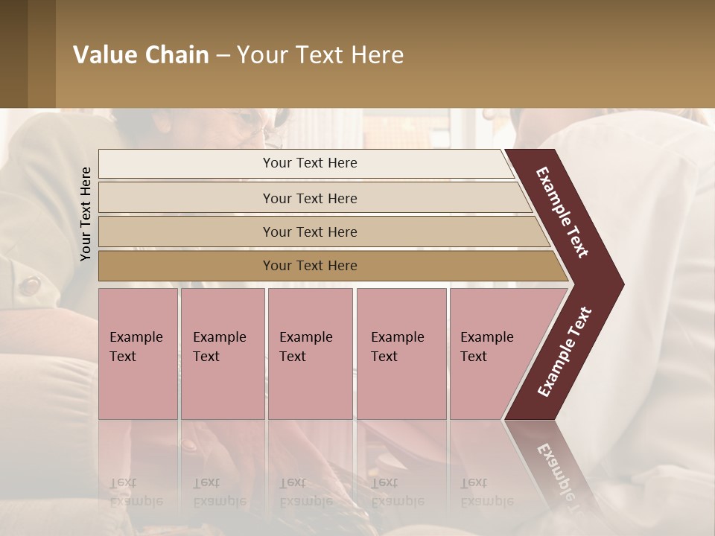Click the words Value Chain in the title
click(141, 55)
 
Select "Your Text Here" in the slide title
click(320, 55)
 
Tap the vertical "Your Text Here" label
click(86, 214)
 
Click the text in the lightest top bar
click(310, 163)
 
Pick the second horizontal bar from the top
click(310, 198)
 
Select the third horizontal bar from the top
click(310, 232)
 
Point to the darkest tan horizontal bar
click(310, 266)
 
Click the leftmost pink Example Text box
click(138, 353)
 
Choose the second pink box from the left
click(222, 353)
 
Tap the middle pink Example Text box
click(310, 353)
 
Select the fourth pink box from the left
click(401, 353)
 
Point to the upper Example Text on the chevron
click(563, 211)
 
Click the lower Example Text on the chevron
click(565, 352)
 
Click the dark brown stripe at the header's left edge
click(13, 54)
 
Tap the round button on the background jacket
click(31, 285)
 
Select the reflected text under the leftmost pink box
click(136, 492)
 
